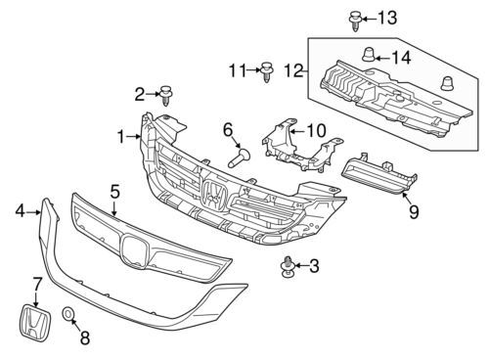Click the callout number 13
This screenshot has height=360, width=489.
pyautogui.click(x=387, y=18)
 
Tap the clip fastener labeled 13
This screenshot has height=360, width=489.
pyautogui.click(x=355, y=21)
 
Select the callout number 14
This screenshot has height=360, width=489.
pyautogui.click(x=401, y=58)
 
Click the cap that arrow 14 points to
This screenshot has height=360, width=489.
pyautogui.click(x=370, y=55)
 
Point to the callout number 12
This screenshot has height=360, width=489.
pyautogui.click(x=294, y=70)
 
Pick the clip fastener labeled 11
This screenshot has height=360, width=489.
pyautogui.click(x=267, y=71)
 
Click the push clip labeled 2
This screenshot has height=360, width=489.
pyautogui.click(x=166, y=95)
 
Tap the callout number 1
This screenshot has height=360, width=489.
pyautogui.click(x=121, y=137)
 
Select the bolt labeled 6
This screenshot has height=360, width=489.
pyautogui.click(x=239, y=157)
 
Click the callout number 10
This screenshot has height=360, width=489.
pyautogui.click(x=316, y=130)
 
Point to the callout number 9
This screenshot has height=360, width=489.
pyautogui.click(x=414, y=212)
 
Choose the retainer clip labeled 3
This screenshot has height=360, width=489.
pyautogui.click(x=287, y=267)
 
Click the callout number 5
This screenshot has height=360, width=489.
pyautogui.click(x=114, y=192)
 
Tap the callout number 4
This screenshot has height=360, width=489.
pyautogui.click(x=21, y=211)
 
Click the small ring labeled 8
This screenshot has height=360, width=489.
pyautogui.click(x=67, y=314)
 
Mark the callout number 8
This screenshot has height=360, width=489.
pyautogui.click(x=85, y=338)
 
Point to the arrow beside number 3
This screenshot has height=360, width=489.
pyautogui.click(x=300, y=266)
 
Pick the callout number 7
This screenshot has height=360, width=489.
pyautogui.click(x=36, y=284)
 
